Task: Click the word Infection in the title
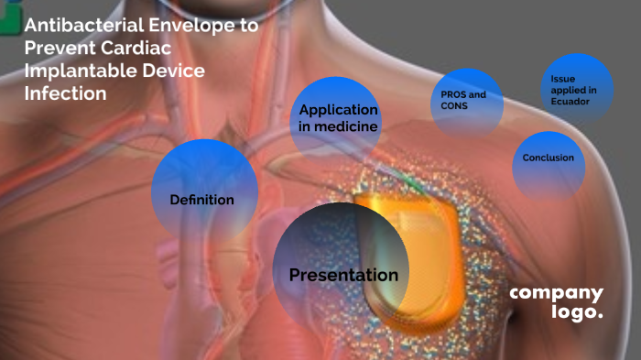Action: point(66,93)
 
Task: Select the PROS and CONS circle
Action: point(466,101)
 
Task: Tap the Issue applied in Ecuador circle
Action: point(577,89)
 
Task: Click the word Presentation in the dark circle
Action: point(343,275)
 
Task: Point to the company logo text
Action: point(557,302)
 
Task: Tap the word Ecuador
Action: point(570,102)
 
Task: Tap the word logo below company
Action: point(577,311)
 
